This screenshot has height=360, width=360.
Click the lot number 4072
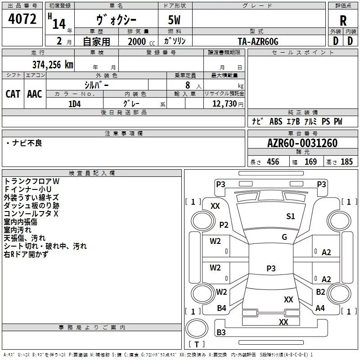[22, 19]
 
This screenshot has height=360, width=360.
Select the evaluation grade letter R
[343, 21]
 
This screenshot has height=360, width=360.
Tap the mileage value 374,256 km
[53, 64]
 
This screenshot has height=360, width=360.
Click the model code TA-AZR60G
[258, 41]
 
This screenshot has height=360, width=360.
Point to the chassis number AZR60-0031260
[302, 143]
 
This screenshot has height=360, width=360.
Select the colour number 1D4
[75, 104]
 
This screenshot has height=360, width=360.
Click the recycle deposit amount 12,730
[225, 104]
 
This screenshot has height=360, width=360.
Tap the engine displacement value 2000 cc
[141, 41]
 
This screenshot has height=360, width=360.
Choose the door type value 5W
[174, 20]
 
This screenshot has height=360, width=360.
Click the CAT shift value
[13, 94]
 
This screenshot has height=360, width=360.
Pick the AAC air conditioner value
[35, 94]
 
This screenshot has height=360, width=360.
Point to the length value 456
[273, 162]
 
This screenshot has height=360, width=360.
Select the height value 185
[346, 162]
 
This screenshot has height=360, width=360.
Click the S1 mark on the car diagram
[290, 216]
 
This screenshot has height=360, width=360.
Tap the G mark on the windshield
[284, 237]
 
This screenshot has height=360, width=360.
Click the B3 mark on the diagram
[221, 332]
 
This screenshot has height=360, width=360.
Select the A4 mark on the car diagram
[320, 308]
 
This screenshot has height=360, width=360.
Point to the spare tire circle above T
[197, 328]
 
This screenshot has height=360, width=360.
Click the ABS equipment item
[276, 121]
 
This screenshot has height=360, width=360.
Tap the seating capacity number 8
[188, 85]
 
